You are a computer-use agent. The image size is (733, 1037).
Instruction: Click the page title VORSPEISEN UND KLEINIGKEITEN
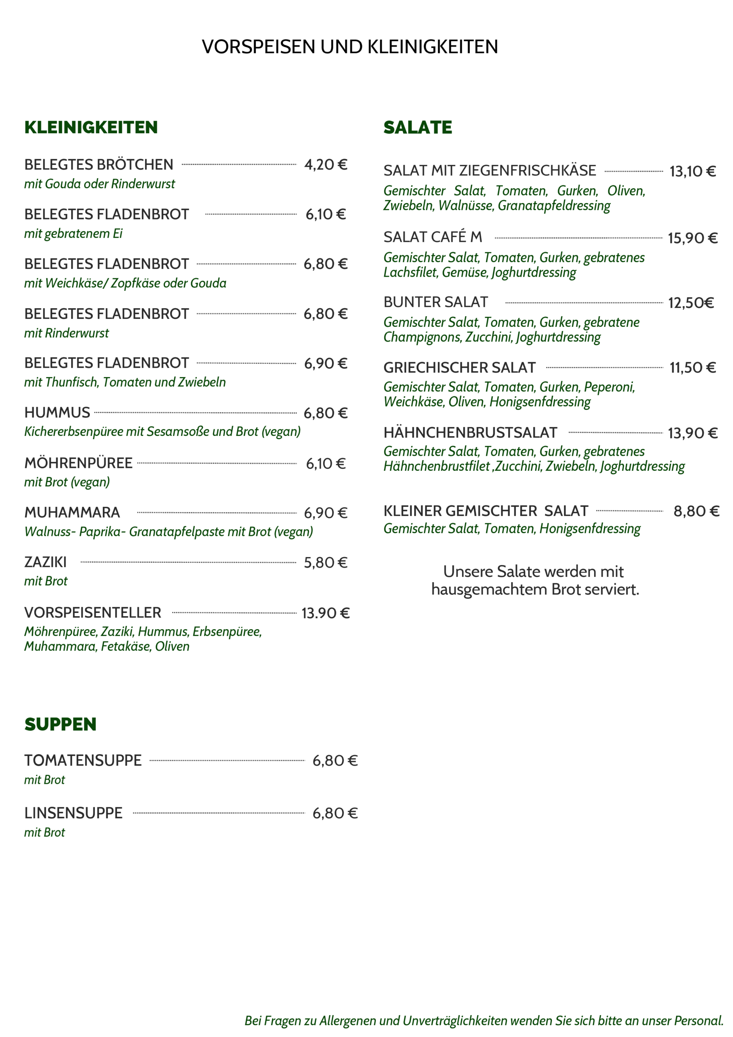349,47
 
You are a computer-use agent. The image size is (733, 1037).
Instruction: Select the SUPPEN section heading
60,724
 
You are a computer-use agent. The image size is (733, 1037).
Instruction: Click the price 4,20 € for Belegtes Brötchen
325,165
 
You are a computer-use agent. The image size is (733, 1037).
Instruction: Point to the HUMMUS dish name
58,412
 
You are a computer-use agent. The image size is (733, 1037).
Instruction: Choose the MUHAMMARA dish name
72,512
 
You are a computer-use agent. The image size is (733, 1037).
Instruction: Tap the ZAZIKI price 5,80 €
325,563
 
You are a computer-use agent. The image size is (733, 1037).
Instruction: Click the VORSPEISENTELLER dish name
93,612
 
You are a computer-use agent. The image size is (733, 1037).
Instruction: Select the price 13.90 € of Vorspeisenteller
325,613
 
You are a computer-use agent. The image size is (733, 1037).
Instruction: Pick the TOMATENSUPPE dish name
83,760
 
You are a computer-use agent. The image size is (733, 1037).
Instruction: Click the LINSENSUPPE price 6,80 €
335,813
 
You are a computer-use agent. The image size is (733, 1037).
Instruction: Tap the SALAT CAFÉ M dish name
433,237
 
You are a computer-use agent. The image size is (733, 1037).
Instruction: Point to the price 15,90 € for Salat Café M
693,238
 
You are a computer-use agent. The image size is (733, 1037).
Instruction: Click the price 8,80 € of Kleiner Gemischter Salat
696,511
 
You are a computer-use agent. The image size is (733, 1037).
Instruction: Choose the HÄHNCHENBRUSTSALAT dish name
470,433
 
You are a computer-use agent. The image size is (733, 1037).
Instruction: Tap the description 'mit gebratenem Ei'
73,233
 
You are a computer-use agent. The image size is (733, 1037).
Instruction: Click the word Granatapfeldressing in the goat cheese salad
554,206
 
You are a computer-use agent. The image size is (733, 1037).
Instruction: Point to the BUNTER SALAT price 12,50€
690,303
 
